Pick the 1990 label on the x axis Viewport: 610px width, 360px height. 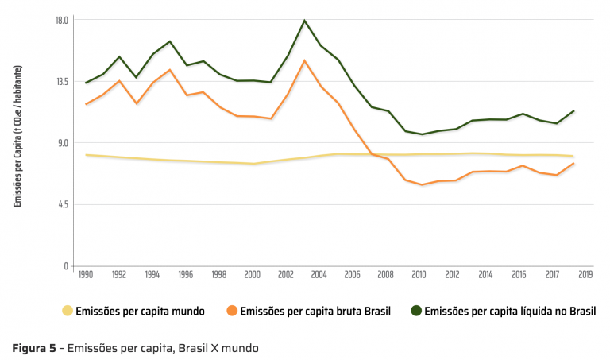click(86, 275)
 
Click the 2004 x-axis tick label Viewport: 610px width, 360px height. click(319, 275)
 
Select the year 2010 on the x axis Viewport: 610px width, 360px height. click(419, 275)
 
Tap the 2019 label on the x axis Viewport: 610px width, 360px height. click(584, 275)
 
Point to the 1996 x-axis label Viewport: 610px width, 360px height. click(186, 275)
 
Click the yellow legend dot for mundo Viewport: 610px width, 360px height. click(67, 311)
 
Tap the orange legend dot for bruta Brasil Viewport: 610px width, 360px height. click(231, 311)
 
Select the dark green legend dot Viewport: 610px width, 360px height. click(417, 311)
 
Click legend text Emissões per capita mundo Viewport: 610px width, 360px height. click(140, 312)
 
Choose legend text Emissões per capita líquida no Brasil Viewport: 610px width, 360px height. click(510, 312)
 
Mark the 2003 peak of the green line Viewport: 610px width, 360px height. click(304, 21)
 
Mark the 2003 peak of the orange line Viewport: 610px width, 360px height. click(304, 60)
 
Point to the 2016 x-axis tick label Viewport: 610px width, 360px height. click(519, 275)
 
